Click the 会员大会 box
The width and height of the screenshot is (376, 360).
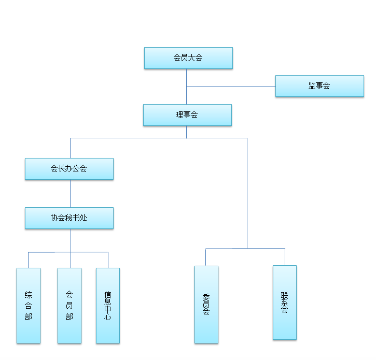click(188, 58)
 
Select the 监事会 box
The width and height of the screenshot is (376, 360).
click(319, 86)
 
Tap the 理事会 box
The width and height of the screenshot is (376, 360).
click(187, 115)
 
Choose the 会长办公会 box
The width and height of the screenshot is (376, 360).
click(69, 169)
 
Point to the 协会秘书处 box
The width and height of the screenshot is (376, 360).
click(69, 218)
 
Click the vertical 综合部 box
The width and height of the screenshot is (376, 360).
click(29, 305)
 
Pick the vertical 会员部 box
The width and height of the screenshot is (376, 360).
click(69, 305)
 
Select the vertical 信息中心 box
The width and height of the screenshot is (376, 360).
click(108, 305)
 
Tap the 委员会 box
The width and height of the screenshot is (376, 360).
click(206, 305)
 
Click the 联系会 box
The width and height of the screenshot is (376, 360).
click(285, 303)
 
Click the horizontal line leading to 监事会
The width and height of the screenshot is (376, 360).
click(231, 86)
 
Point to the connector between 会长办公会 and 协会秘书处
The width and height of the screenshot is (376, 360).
click(70, 193)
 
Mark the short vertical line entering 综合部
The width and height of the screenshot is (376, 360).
click(29, 260)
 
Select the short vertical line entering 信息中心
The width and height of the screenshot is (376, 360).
click(108, 260)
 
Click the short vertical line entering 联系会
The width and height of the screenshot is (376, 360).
click(285, 257)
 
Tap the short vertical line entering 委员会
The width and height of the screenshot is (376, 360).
click(206, 257)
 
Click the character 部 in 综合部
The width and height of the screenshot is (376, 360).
click(29, 316)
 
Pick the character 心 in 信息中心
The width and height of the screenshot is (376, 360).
click(108, 317)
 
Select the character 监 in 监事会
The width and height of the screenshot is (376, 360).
click(312, 86)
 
